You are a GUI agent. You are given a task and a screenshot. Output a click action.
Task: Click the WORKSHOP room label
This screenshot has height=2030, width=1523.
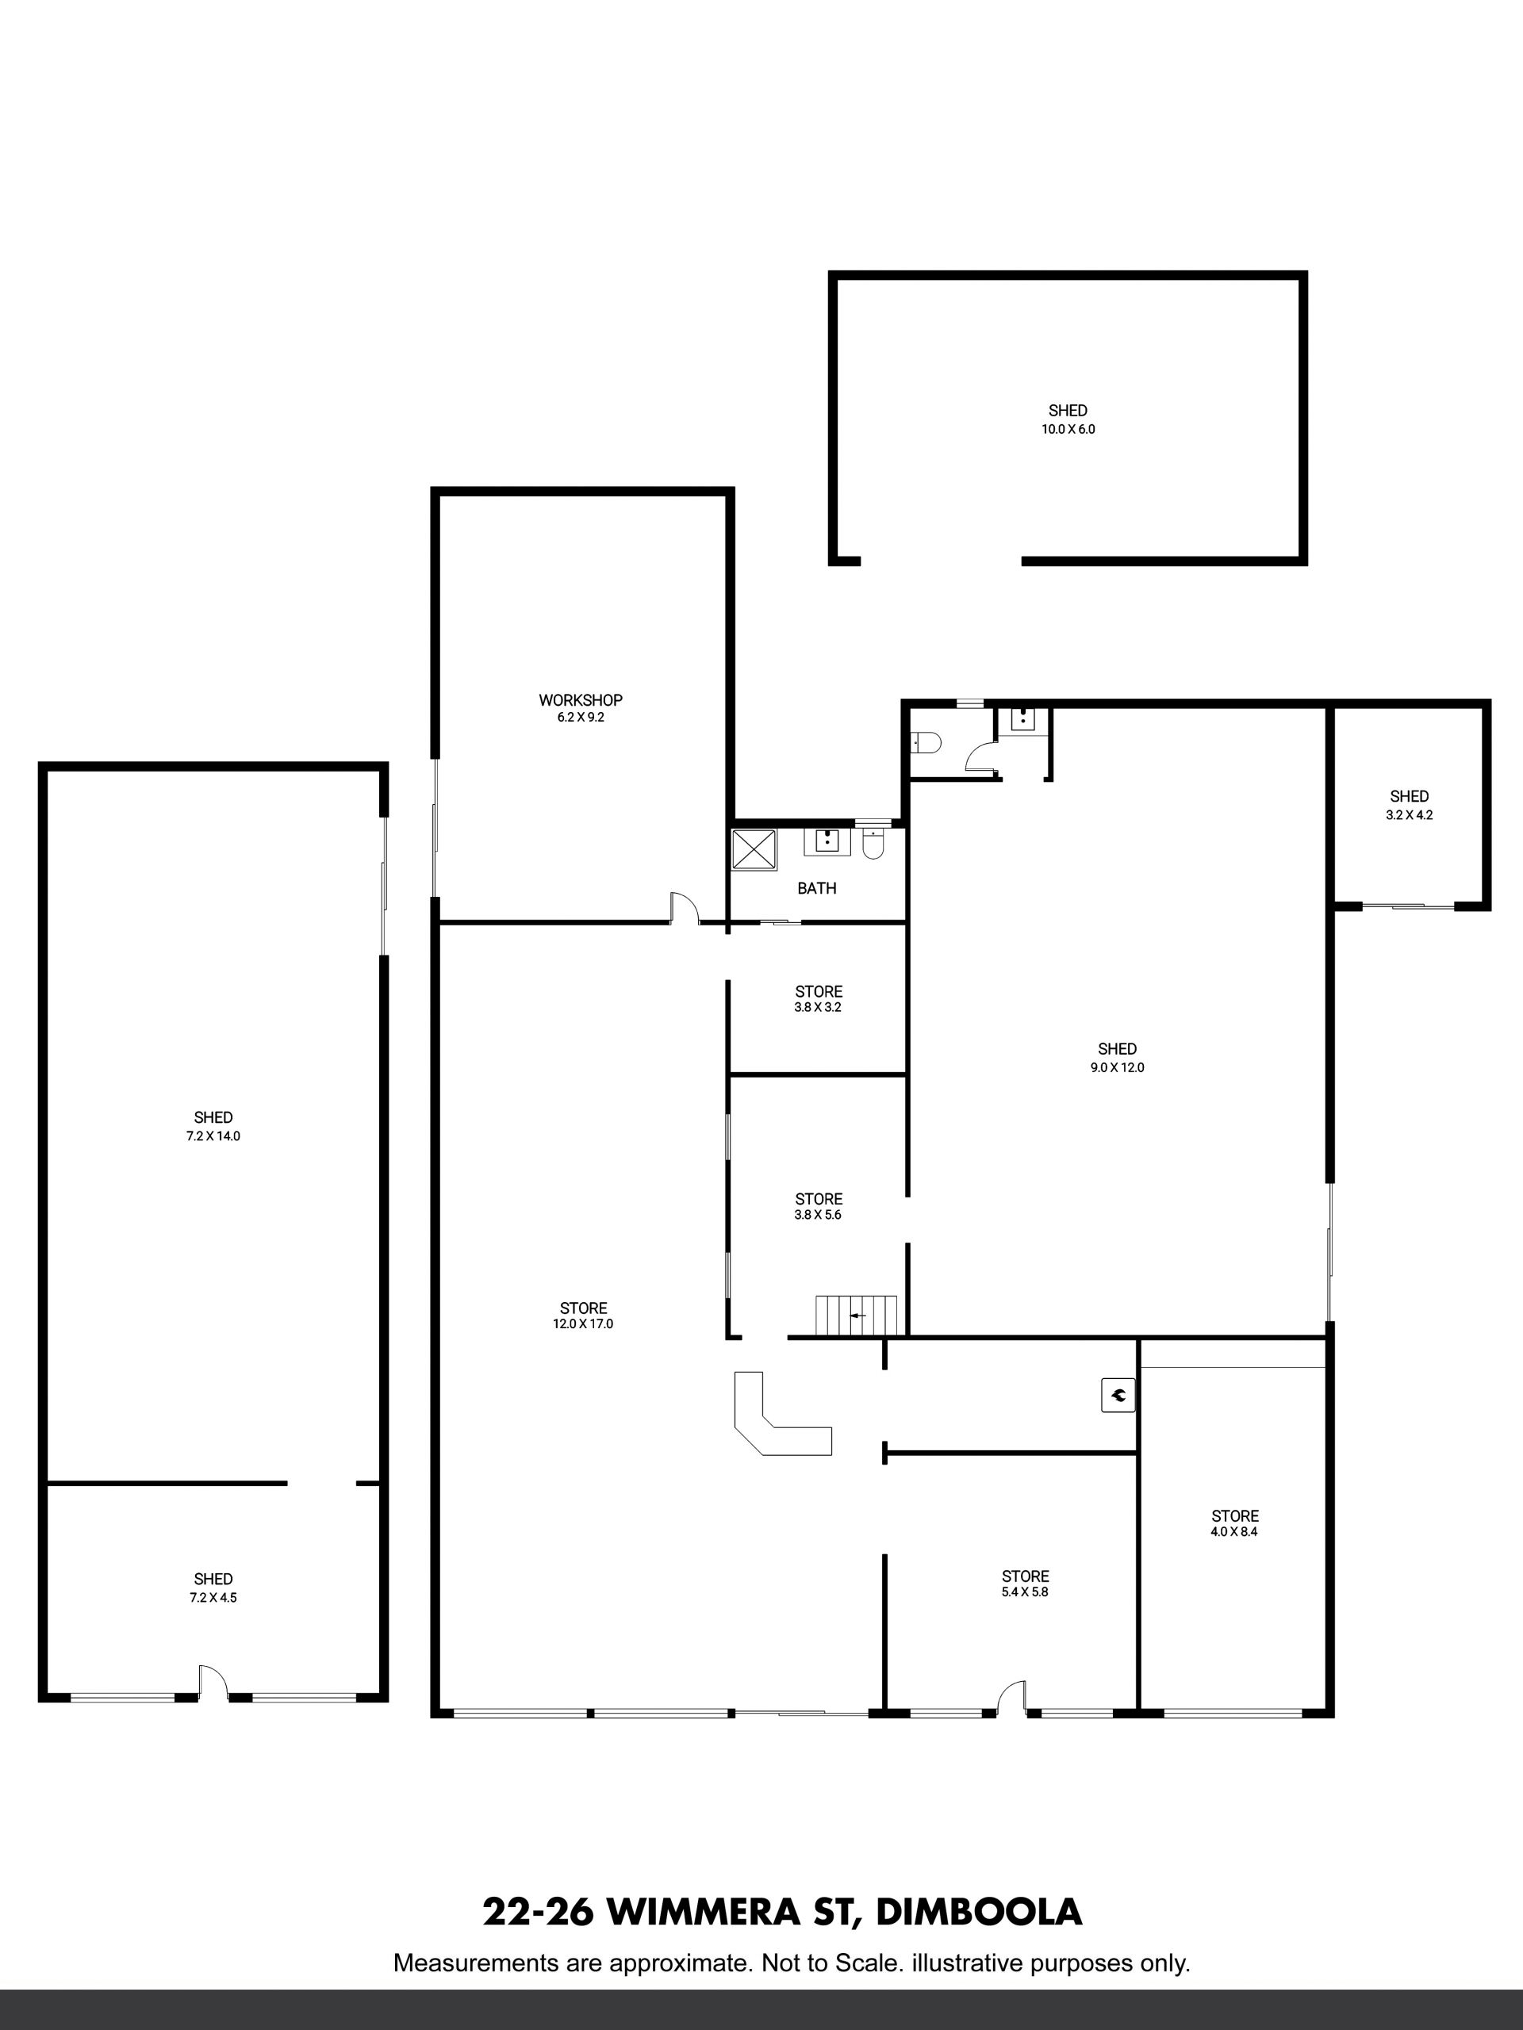580,700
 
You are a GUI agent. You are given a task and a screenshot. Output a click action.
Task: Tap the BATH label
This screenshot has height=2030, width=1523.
817,888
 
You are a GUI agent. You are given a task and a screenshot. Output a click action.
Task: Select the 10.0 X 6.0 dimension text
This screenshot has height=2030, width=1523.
1068,428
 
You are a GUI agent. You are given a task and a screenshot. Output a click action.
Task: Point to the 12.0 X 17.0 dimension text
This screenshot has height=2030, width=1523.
584,1323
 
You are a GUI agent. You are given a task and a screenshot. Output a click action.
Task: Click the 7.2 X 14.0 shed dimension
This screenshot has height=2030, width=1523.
213,1136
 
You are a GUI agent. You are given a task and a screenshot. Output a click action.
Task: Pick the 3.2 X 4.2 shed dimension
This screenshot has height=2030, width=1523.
1409,814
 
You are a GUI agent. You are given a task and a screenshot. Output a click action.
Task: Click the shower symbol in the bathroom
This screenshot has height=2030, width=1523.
754,849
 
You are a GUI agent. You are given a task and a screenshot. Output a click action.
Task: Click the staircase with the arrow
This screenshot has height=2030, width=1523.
857,1315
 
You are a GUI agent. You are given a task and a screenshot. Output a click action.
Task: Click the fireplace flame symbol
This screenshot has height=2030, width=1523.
1118,1396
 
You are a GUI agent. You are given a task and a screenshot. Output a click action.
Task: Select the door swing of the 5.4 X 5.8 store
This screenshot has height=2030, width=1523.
1011,1696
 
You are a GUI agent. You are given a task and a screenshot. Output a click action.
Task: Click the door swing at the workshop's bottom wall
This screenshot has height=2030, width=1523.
685,906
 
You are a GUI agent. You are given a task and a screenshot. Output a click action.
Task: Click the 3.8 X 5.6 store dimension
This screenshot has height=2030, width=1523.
819,1214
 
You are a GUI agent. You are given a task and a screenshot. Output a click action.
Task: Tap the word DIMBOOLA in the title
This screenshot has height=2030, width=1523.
980,1912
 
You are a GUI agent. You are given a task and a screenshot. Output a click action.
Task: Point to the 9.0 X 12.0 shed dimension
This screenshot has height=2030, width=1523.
1117,1067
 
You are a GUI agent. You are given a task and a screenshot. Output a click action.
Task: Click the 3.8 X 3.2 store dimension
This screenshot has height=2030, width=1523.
819,1007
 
